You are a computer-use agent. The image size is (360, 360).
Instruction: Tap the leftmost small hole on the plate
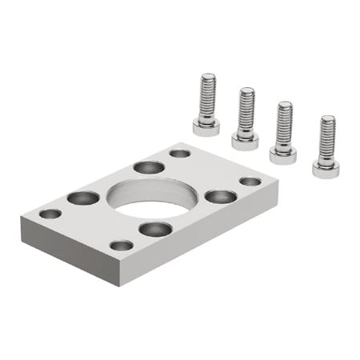pos(50,214)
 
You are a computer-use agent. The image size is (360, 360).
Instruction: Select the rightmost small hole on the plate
pos(250,182)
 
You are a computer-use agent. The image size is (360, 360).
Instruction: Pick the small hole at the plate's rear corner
pos(180,153)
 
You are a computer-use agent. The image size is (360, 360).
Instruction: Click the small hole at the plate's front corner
pos(121,245)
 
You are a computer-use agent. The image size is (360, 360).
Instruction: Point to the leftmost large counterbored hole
pos(83,197)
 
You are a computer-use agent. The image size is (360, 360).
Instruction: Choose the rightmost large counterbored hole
pos(220,196)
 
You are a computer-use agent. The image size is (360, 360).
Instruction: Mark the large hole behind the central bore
pos(149,167)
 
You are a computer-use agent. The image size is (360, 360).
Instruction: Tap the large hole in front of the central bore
pos(154,229)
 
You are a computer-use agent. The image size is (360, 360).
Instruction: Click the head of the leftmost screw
pos(206,126)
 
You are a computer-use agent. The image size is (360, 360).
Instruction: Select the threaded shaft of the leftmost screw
pos(207,94)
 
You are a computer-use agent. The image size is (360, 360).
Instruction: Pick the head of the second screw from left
pos(245,141)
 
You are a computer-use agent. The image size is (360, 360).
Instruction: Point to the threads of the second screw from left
pos(246,110)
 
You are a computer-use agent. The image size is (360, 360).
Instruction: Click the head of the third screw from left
pos(282,154)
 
